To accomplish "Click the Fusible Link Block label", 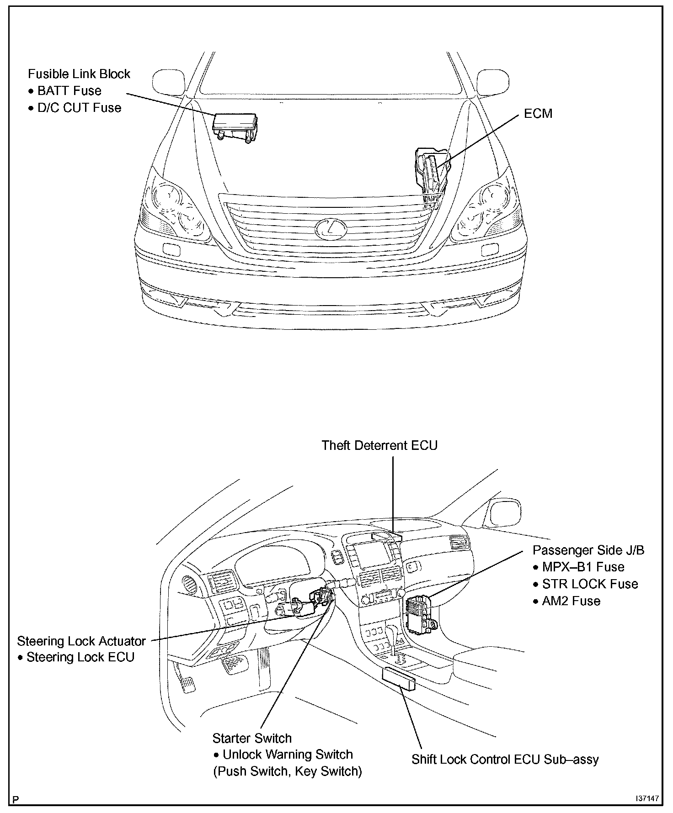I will pyautogui.click(x=79, y=74).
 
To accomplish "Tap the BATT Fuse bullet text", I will pyautogui.click(x=69, y=91).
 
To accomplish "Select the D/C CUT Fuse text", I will pyautogui.click(x=79, y=108).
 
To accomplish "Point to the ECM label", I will pyautogui.click(x=538, y=114).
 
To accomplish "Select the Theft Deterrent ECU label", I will pyautogui.click(x=379, y=445).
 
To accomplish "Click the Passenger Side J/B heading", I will pyautogui.click(x=588, y=550).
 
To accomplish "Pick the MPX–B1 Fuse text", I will pyautogui.click(x=583, y=567).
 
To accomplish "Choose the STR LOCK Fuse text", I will pyautogui.click(x=590, y=584).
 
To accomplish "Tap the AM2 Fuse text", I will pyautogui.click(x=571, y=601).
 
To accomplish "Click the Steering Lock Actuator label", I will pyautogui.click(x=81, y=641).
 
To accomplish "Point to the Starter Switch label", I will pyautogui.click(x=252, y=738).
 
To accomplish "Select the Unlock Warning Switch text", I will pyautogui.click(x=288, y=755).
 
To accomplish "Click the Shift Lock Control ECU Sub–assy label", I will pyautogui.click(x=505, y=760).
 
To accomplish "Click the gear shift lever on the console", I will pyautogui.click(x=393, y=637).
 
